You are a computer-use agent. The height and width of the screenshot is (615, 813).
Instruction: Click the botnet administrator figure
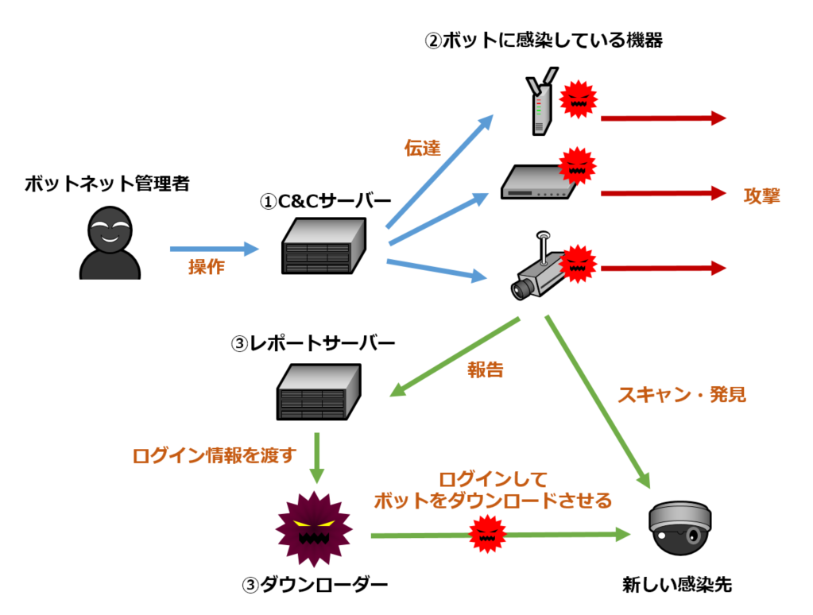click(x=110, y=243)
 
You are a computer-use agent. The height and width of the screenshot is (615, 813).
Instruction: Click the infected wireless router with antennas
click(x=540, y=105)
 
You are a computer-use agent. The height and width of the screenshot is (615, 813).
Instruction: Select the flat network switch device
click(x=534, y=184)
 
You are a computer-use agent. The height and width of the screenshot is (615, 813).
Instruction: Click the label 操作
click(x=206, y=268)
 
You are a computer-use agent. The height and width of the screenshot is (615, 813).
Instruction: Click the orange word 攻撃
click(x=762, y=195)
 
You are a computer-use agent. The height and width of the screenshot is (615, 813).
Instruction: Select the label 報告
click(x=486, y=369)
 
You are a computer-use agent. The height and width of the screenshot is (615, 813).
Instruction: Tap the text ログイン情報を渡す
click(x=214, y=455)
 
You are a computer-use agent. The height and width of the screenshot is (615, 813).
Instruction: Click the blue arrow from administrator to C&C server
click(x=215, y=249)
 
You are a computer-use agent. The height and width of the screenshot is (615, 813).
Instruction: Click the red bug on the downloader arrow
click(x=487, y=534)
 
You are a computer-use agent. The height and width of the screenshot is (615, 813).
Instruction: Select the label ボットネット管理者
click(x=106, y=184)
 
